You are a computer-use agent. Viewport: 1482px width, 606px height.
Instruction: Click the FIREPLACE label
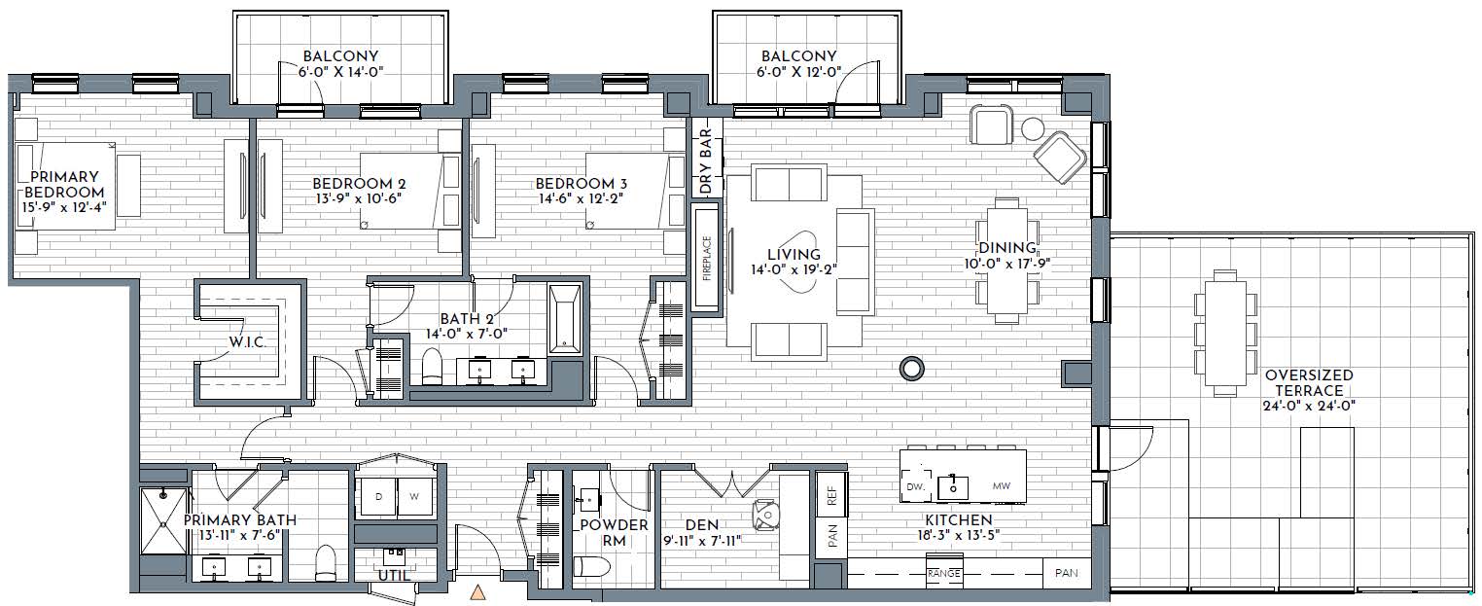707,258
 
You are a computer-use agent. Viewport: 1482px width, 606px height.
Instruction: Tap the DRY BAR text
706,162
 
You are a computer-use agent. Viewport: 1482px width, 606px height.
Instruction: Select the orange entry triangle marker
476,592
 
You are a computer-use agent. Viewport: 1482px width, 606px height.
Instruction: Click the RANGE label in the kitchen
943,574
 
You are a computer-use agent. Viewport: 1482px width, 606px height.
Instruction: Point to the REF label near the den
832,495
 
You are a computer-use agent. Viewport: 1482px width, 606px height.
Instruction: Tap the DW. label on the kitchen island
915,487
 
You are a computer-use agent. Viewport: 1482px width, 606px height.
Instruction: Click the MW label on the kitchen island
1001,486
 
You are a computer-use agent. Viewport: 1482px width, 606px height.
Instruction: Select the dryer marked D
377,497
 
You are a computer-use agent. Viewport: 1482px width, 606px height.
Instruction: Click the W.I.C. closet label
247,342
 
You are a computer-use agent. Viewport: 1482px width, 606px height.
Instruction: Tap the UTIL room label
394,576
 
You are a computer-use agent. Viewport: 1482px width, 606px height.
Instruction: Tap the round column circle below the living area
912,369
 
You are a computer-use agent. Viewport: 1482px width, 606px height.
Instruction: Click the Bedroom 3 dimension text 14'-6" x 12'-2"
580,197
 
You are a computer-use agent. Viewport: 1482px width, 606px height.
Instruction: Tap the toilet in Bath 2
432,366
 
